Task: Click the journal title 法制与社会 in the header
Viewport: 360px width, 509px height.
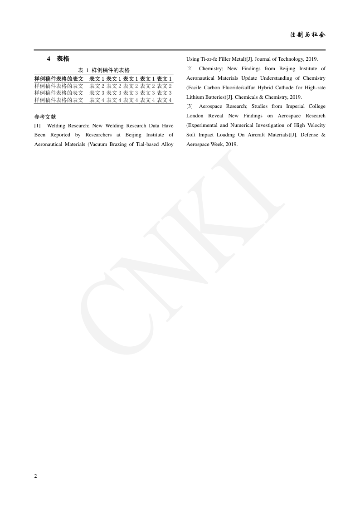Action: (x=308, y=35)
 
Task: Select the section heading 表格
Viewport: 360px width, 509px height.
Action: (x=63, y=59)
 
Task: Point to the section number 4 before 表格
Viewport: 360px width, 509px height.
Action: (x=49, y=59)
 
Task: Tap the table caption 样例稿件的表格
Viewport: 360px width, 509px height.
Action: (x=111, y=70)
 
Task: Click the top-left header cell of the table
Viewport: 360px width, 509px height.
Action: (x=59, y=79)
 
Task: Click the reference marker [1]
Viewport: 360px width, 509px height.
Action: (x=38, y=126)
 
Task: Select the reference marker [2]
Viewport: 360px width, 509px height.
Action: (x=190, y=69)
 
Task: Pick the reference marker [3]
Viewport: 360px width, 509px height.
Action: (x=190, y=107)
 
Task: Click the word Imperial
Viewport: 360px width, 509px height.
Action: (x=297, y=107)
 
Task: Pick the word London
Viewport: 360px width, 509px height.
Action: (x=195, y=116)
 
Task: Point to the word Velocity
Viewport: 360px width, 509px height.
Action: (x=316, y=126)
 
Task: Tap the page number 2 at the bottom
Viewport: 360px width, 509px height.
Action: (x=35, y=476)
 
